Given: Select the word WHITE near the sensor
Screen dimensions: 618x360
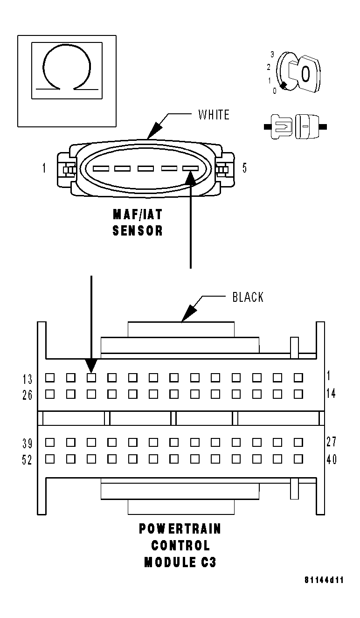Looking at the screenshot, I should point(214,115).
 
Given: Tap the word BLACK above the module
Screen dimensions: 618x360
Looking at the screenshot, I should point(248,297).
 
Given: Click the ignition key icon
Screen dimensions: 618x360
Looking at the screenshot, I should point(297,73).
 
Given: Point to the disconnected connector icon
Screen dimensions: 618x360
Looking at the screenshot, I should point(295,126).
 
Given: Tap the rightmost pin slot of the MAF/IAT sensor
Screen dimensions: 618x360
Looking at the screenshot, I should point(190,168).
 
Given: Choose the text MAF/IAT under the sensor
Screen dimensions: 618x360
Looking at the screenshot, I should point(138,215).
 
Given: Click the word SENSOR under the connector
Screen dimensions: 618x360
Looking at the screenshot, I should point(138,230).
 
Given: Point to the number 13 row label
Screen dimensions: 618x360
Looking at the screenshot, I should point(28,379).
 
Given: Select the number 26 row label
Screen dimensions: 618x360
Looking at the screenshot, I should point(28,395).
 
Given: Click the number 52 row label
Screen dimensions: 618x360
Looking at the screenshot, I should point(28,460).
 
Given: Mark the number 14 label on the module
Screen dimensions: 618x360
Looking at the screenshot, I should point(331,394).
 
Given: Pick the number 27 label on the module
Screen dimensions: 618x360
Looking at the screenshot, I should point(331,442).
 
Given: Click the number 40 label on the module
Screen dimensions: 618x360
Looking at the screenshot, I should point(331,459).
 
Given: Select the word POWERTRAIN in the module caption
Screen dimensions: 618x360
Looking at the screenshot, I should point(180,529).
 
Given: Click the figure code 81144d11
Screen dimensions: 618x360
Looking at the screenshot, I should point(324,580).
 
